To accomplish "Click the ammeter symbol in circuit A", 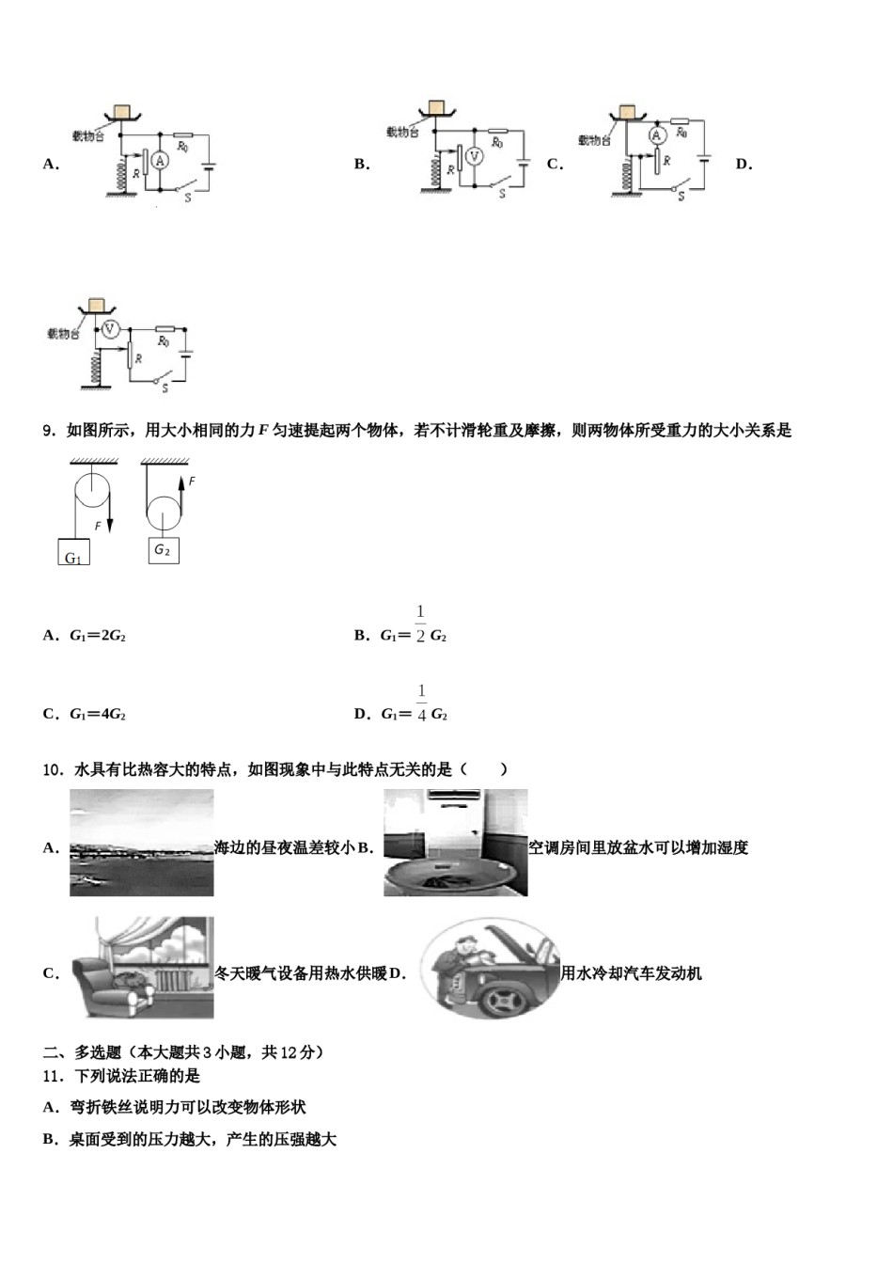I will (x=160, y=162).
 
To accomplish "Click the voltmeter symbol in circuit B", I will (x=474, y=156).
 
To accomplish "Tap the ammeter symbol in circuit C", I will (x=657, y=136).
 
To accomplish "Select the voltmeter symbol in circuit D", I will (x=109, y=328).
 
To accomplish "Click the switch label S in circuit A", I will (x=187, y=198).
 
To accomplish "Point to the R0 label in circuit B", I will (x=496, y=143).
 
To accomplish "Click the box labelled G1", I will (x=73, y=552).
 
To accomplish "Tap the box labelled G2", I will (x=163, y=550).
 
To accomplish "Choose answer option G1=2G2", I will (x=98, y=636).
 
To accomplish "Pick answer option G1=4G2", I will (x=98, y=714).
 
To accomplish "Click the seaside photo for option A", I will (x=141, y=843).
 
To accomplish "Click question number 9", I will (x=49, y=431).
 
